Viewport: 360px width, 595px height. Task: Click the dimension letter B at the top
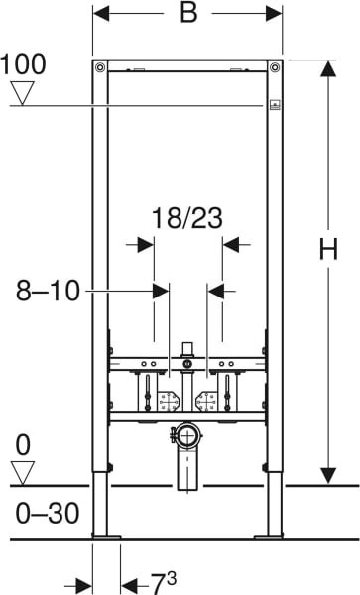(x=188, y=13)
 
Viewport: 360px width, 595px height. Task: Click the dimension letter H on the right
(x=328, y=250)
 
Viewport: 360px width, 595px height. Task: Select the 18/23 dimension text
(x=187, y=218)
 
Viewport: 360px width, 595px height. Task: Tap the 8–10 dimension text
(x=48, y=291)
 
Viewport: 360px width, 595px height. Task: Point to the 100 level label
(x=23, y=64)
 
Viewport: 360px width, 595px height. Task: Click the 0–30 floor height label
(x=48, y=513)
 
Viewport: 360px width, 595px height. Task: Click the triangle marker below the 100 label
(x=23, y=93)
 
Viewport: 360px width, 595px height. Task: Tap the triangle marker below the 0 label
(x=23, y=473)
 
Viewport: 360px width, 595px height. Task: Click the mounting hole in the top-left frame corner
(x=100, y=67)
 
